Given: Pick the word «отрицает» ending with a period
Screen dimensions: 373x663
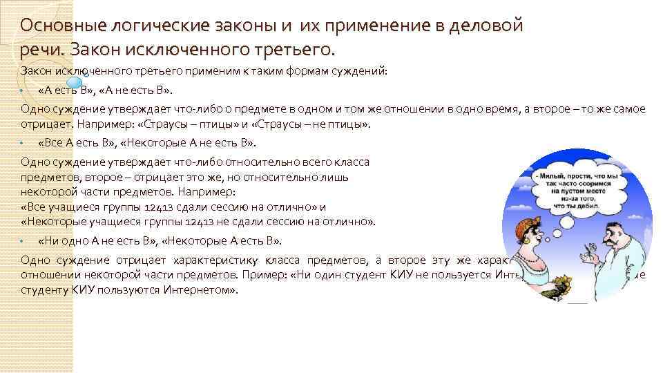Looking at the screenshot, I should (42, 125).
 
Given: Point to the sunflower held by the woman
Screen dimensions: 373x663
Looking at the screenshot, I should (552, 283).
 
